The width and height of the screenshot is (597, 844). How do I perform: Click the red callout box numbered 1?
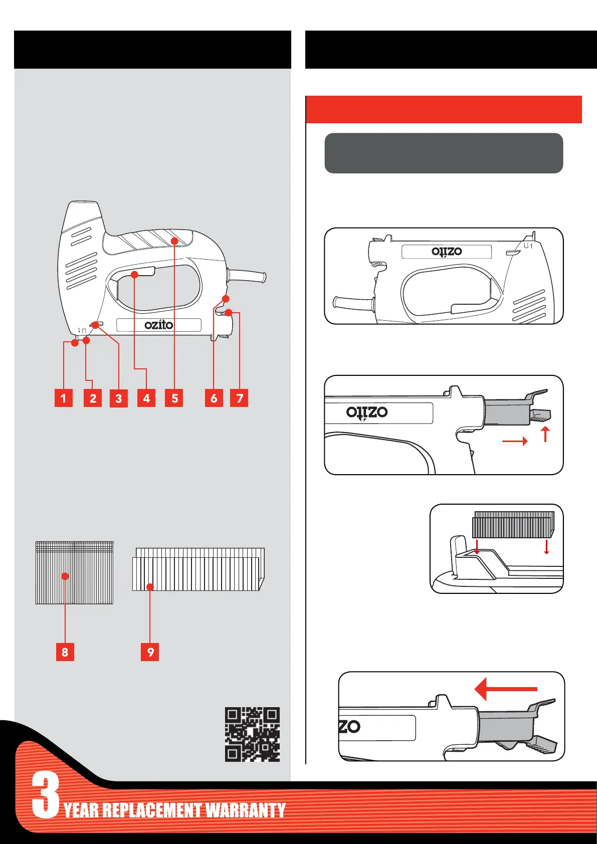click(x=63, y=398)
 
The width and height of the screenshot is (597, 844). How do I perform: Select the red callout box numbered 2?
click(x=93, y=398)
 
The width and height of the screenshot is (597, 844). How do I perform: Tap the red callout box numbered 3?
click(x=118, y=398)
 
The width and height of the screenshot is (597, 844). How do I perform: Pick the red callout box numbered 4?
click(x=146, y=398)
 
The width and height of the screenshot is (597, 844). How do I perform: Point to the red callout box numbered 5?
click(x=174, y=398)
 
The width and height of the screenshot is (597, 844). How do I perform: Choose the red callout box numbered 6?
click(x=214, y=398)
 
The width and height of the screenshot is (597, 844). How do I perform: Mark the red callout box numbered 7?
click(x=240, y=398)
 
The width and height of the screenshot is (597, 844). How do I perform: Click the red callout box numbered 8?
click(x=65, y=652)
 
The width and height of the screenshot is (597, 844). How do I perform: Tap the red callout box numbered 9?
click(x=150, y=652)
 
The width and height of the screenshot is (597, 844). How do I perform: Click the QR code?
click(x=252, y=734)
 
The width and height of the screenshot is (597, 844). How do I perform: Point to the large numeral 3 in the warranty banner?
click(x=46, y=795)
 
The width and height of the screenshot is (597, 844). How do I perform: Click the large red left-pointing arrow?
click(x=505, y=689)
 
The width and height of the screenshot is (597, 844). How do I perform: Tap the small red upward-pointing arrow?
click(x=545, y=434)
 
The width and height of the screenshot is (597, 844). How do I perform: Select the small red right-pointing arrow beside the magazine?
click(x=515, y=441)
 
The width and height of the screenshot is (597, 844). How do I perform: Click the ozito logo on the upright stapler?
click(x=158, y=325)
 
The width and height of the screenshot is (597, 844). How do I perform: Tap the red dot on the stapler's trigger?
click(x=134, y=274)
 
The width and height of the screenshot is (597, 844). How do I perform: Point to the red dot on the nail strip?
click(x=65, y=576)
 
